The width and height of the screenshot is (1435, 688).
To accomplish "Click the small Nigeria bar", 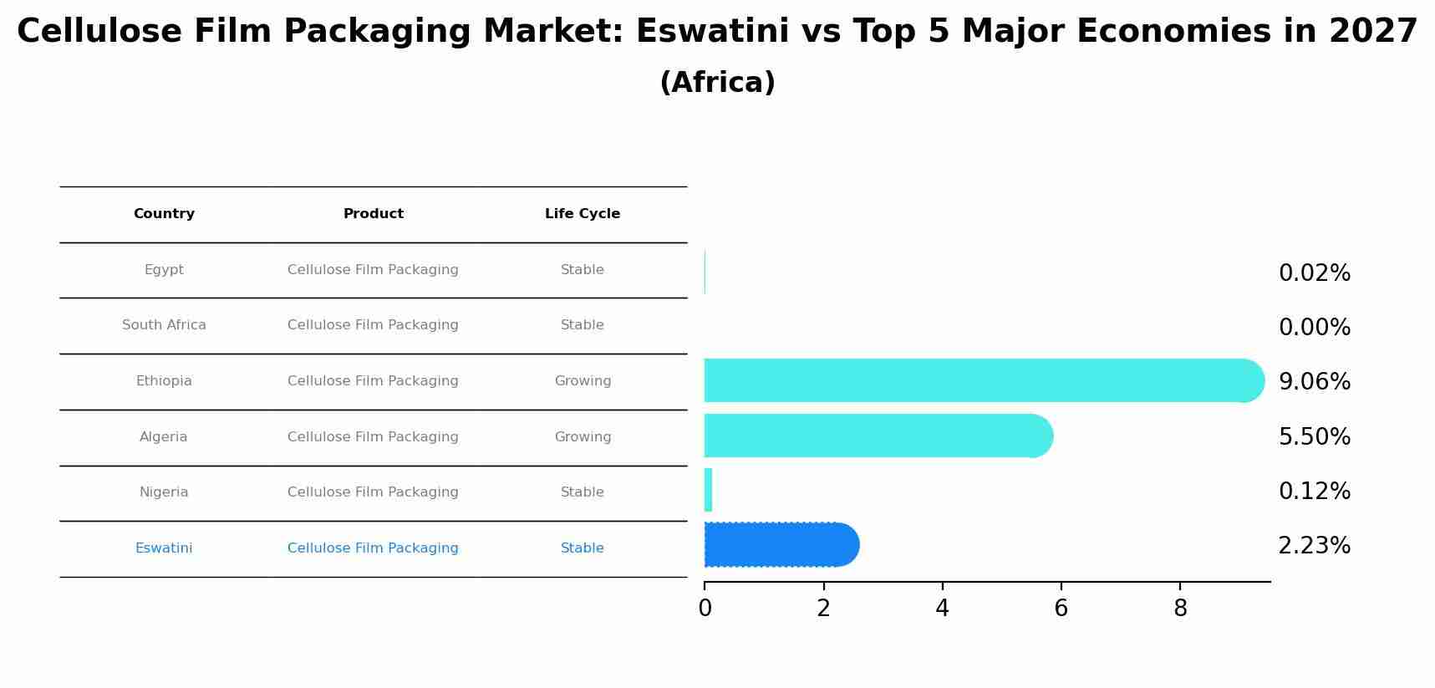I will (x=709, y=490).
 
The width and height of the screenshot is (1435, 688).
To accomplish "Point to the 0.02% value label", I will (x=1314, y=273).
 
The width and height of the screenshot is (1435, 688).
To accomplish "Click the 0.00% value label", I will (x=1314, y=328).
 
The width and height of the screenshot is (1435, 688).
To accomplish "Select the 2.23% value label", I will (x=1314, y=546).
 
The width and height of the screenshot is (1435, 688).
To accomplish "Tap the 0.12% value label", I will (x=1314, y=492).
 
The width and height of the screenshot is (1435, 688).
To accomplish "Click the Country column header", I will (x=164, y=214).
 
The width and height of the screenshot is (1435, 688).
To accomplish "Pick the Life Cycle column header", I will (x=583, y=214).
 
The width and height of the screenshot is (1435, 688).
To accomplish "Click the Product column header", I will (x=373, y=214).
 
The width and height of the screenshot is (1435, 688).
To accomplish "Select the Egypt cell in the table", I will (x=164, y=270).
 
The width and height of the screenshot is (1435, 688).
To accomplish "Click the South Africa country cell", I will (x=164, y=325).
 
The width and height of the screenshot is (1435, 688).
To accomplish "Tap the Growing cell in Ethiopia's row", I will (x=583, y=381).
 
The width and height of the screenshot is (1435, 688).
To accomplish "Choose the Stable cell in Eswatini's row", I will (x=583, y=548).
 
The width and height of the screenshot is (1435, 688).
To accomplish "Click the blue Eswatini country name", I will (x=164, y=548).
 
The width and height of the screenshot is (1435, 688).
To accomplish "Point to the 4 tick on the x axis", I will (x=942, y=609).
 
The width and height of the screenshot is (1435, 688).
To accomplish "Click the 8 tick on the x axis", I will (x=1180, y=609).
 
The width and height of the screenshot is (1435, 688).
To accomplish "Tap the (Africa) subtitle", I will (x=717, y=83).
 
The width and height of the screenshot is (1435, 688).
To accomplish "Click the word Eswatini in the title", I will (x=712, y=32).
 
